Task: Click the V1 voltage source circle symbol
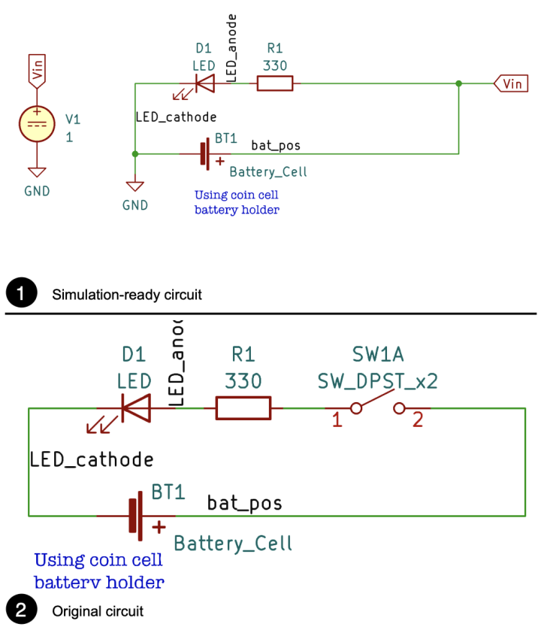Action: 36,123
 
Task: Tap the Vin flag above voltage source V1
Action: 36,69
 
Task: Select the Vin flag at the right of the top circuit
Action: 509,83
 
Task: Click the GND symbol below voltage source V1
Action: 36,173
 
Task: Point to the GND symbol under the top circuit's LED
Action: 135,186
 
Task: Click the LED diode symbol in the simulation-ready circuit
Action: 203,83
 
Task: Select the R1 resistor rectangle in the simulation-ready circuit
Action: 275,83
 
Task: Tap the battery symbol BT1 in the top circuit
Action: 205,153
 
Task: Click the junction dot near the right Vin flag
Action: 458,83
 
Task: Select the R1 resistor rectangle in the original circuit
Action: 243,408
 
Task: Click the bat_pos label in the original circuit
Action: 244,502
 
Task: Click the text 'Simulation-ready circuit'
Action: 127,295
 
